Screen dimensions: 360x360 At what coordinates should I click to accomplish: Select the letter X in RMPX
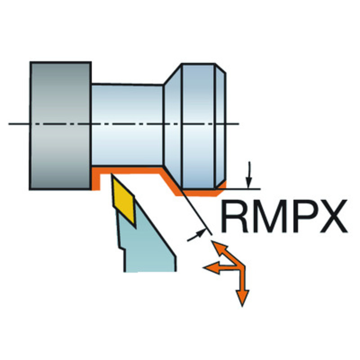333,216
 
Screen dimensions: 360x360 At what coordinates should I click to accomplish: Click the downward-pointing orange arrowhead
242,298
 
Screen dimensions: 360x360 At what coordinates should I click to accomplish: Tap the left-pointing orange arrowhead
211,267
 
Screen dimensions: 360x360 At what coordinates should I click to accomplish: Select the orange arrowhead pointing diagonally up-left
218,247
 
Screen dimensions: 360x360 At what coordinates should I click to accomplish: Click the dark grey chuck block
60,126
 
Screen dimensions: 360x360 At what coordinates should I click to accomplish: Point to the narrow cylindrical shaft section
127,125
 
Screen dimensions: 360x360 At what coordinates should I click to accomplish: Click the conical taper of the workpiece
173,126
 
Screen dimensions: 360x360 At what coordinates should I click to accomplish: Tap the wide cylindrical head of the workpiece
198,126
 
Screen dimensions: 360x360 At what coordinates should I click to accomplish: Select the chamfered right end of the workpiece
220,126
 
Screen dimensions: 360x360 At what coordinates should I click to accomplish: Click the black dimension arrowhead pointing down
249,183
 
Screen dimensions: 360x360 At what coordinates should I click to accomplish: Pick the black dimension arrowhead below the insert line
201,233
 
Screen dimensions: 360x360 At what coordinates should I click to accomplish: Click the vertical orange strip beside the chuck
96,179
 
